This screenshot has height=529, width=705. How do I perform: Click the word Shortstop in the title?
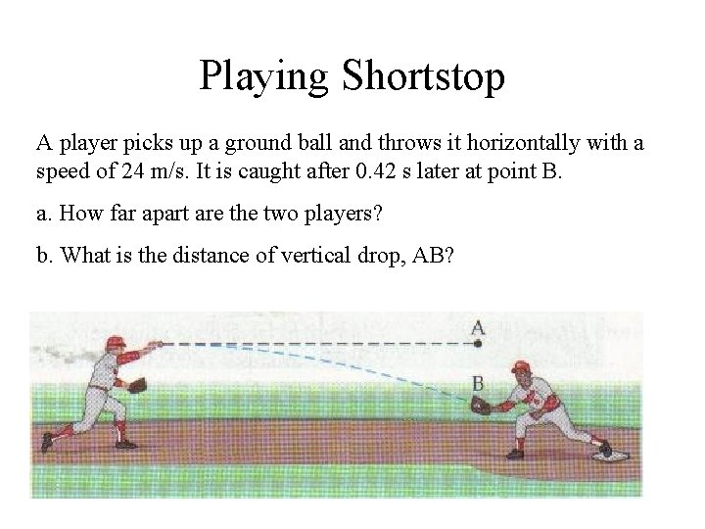pos(425,77)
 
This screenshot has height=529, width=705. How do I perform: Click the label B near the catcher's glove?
pos(478,381)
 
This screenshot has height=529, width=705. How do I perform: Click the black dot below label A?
pos(478,344)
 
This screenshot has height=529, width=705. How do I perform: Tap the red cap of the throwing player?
pos(114,339)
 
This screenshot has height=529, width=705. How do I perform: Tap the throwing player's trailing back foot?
pos(44,445)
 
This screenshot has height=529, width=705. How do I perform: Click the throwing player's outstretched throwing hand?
pos(158,344)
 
